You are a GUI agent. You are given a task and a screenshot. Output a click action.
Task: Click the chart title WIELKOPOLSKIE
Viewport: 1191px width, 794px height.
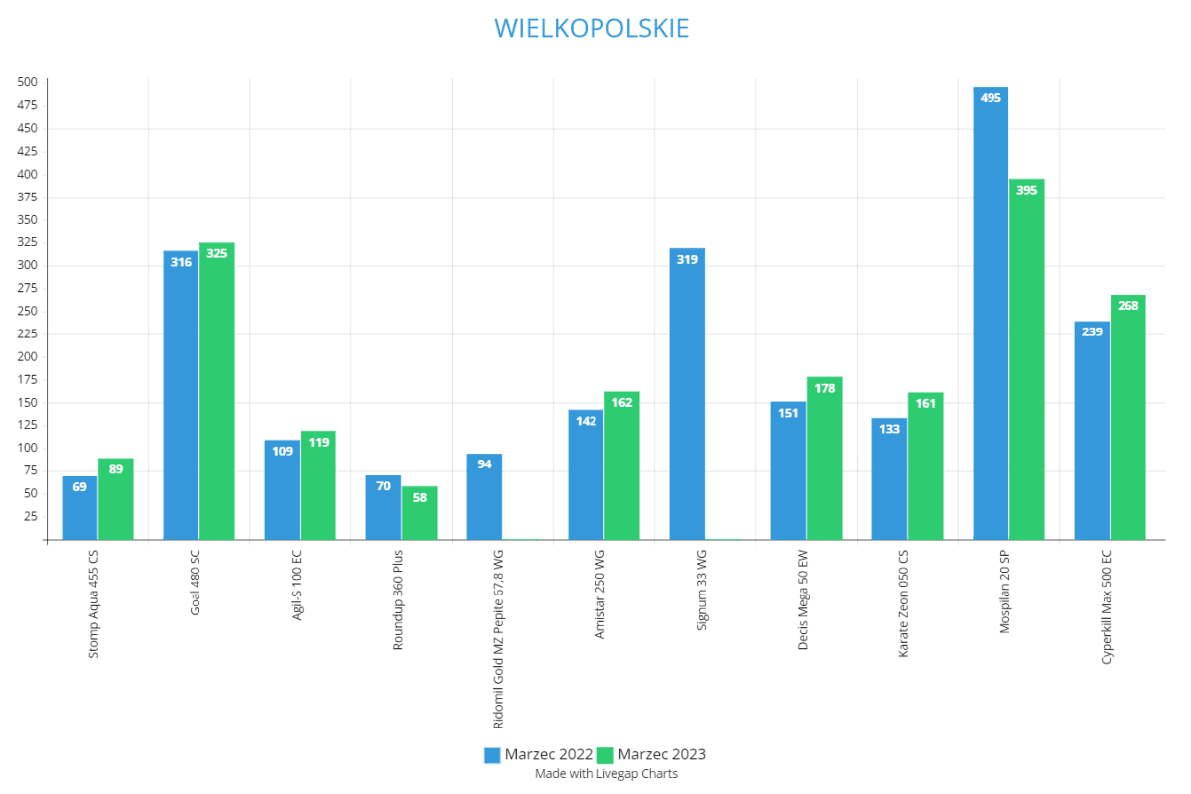[592, 28]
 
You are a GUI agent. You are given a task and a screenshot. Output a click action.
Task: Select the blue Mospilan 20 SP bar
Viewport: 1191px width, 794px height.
[991, 318]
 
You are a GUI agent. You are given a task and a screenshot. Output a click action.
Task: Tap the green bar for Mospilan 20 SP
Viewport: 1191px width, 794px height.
[1026, 362]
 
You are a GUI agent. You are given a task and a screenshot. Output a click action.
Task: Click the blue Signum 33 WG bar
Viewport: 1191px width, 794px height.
[687, 397]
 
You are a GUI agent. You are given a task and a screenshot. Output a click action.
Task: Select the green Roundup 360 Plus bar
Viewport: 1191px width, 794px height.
[419, 514]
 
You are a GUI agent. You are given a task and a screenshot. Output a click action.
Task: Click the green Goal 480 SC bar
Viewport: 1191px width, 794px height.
[216, 392]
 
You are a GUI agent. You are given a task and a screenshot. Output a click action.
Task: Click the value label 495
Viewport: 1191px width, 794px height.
[991, 98]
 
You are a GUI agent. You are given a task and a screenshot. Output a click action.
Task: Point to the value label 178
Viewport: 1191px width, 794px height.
[824, 388]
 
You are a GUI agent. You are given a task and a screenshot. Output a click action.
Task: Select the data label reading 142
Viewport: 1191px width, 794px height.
[586, 421]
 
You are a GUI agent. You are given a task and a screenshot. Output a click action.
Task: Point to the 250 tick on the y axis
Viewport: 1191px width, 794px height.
[27, 311]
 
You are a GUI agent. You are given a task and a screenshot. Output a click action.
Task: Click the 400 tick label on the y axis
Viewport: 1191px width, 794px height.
[27, 174]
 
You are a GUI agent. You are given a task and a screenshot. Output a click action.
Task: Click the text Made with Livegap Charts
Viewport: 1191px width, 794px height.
[605, 773]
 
